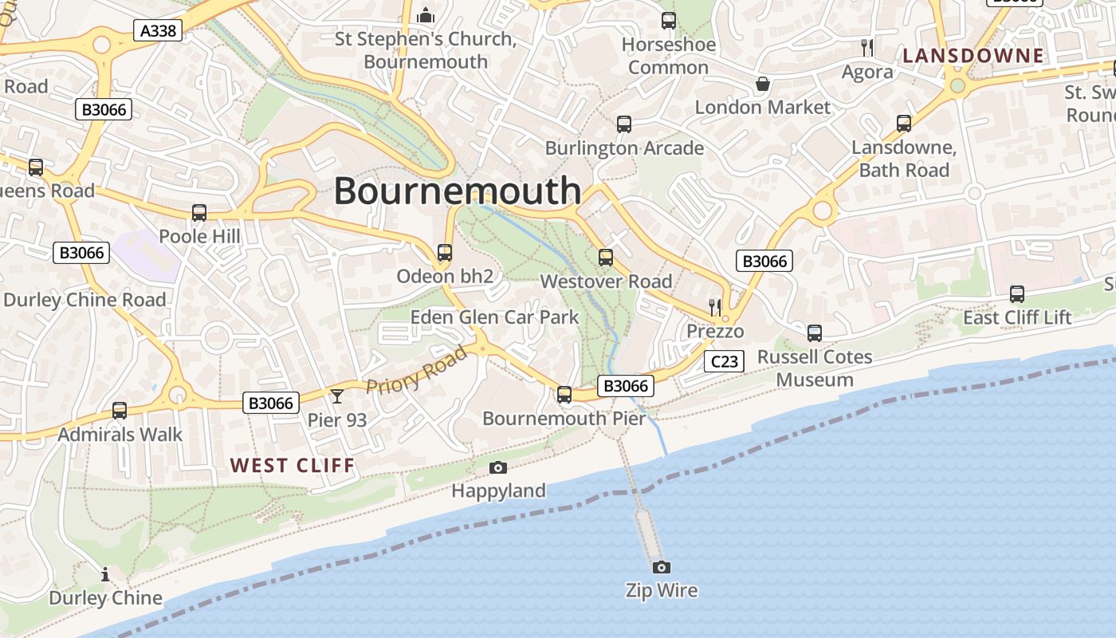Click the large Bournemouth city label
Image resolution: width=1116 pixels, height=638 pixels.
click(x=458, y=191)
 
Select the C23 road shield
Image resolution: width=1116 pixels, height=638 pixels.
click(x=725, y=361)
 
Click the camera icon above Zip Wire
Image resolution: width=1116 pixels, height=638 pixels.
click(x=661, y=567)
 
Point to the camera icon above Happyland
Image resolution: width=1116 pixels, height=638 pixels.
click(x=498, y=467)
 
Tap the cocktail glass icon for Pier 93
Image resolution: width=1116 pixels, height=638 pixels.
click(x=337, y=396)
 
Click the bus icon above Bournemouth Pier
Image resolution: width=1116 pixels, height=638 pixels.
click(x=564, y=394)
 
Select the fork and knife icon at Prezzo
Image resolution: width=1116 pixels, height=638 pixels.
click(x=715, y=307)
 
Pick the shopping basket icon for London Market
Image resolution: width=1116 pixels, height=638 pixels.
click(x=763, y=84)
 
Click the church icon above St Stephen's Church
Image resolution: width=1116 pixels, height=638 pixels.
click(x=426, y=15)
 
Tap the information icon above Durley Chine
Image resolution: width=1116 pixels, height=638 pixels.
click(x=105, y=574)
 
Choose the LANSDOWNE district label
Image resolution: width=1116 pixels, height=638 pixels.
click(x=973, y=56)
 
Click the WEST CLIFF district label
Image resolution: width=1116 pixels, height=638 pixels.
click(x=293, y=466)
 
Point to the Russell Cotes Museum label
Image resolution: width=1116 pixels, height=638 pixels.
click(x=815, y=368)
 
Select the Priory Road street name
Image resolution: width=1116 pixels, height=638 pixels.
click(x=416, y=370)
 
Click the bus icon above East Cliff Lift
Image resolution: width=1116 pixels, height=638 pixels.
click(x=1017, y=293)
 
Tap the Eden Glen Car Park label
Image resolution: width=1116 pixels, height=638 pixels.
click(x=494, y=317)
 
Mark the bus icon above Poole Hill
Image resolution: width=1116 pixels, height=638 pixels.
click(x=199, y=213)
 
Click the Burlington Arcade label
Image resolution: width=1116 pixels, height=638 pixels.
click(x=624, y=148)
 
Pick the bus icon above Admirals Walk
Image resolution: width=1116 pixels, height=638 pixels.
click(x=120, y=411)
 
